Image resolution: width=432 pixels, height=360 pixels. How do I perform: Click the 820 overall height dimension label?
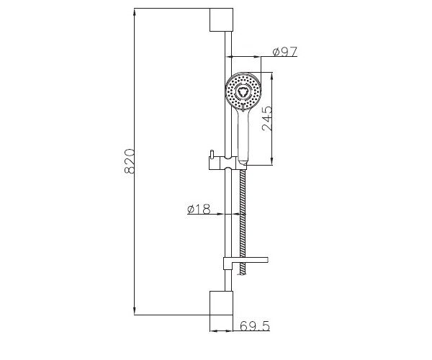coord(130,161)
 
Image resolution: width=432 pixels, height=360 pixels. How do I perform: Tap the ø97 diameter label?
coord(285,52)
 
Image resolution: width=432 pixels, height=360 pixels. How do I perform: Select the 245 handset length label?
coord(266,118)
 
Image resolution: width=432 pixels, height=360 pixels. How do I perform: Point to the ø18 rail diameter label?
coord(199,209)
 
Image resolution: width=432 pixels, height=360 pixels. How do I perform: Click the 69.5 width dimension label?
coord(255,326)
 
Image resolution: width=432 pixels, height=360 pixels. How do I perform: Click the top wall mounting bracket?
coord(221,19)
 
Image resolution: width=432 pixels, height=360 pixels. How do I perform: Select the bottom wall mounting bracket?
coord(221,302)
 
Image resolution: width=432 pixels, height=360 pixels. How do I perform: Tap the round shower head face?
coord(243,90)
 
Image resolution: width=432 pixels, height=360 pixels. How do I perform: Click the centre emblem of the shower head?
coord(243,91)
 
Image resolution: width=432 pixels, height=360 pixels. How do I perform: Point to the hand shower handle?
coord(243,135)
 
